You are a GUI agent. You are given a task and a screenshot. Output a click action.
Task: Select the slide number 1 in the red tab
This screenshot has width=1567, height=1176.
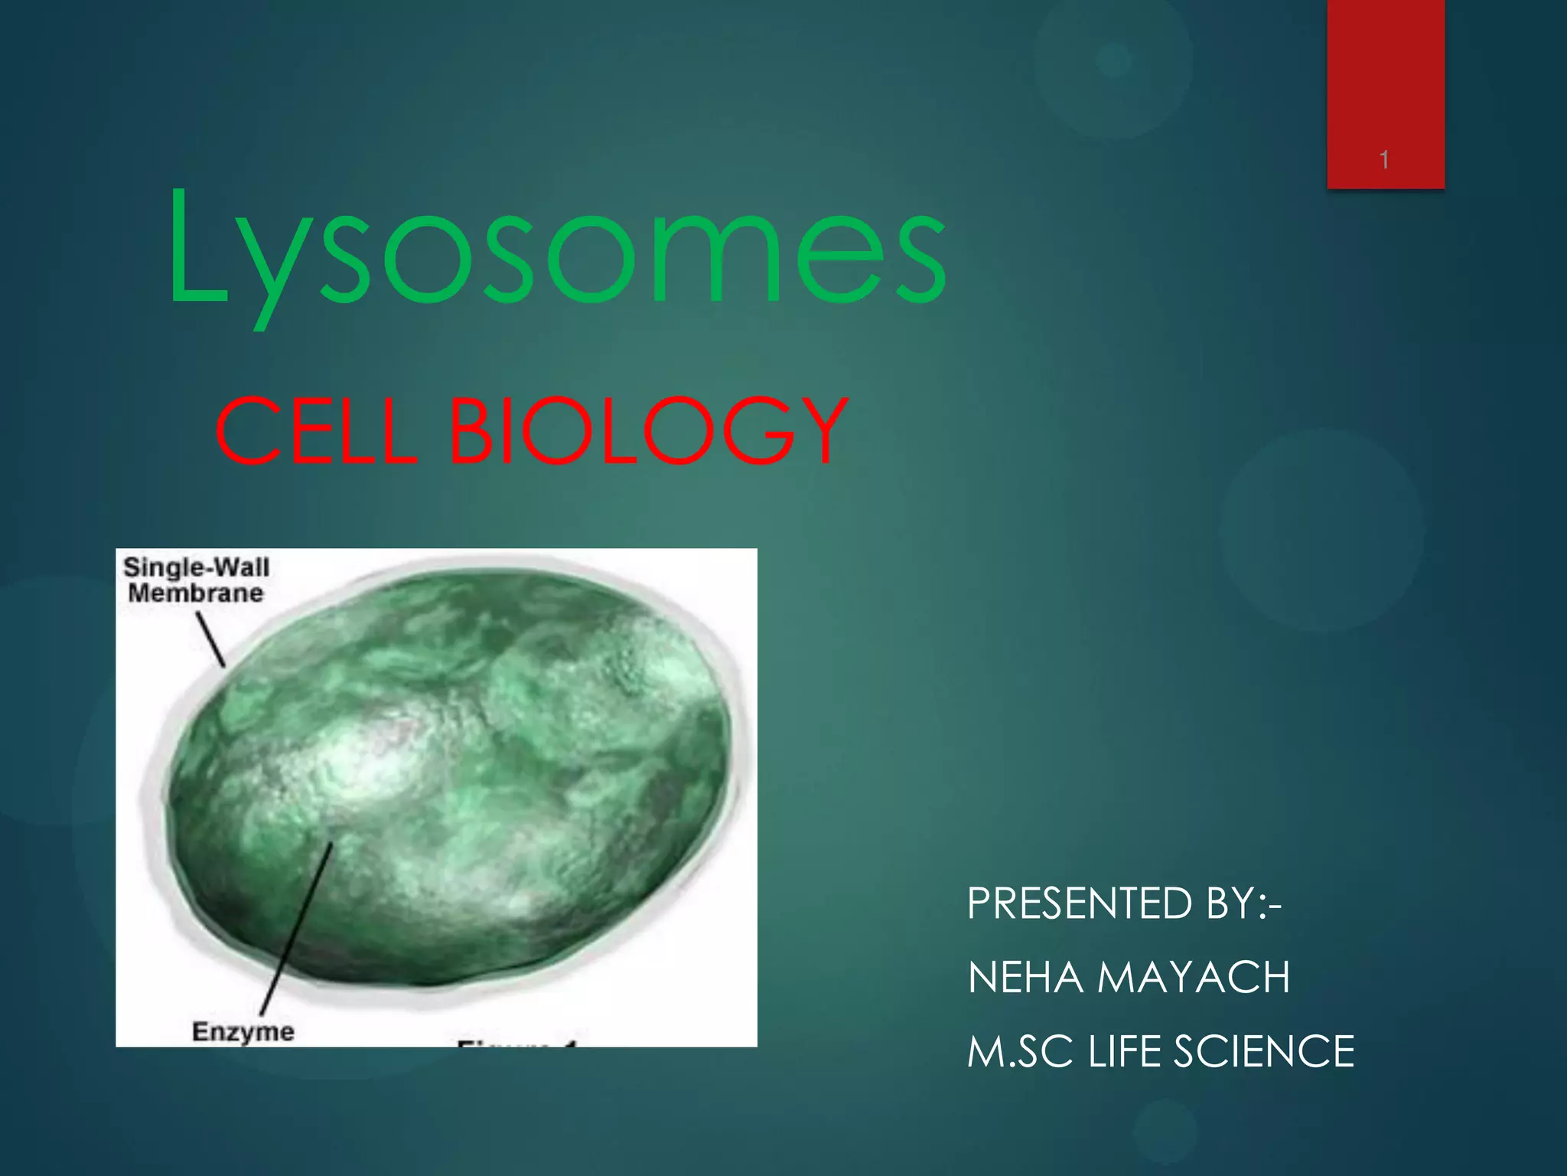tap(1384, 160)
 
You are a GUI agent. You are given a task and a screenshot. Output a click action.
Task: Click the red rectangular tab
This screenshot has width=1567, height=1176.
tap(1385, 84)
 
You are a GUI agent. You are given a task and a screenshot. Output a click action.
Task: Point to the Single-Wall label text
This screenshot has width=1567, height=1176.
tap(197, 567)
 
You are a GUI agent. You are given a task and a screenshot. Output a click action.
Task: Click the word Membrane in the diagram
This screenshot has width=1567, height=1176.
tap(196, 593)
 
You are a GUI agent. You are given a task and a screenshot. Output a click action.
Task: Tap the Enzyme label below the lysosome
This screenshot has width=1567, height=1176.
tap(243, 1031)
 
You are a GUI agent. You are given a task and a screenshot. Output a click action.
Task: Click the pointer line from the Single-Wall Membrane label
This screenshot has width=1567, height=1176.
tap(210, 640)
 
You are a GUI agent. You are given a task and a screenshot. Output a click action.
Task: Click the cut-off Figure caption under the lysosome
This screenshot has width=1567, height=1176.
tap(517, 1043)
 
